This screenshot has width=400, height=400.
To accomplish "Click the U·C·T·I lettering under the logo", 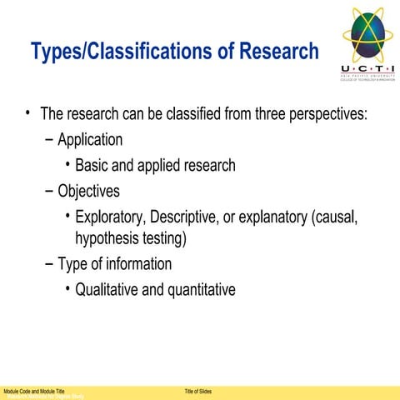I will pos(368,68).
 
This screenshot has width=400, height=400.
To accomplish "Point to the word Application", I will pos(90,140).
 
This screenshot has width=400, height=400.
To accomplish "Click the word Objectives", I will pos(88,191).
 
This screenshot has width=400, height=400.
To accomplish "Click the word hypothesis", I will pos(107,239).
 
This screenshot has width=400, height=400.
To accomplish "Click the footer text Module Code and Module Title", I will pos(34,391).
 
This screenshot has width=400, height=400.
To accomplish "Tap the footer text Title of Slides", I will pos(197,391).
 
